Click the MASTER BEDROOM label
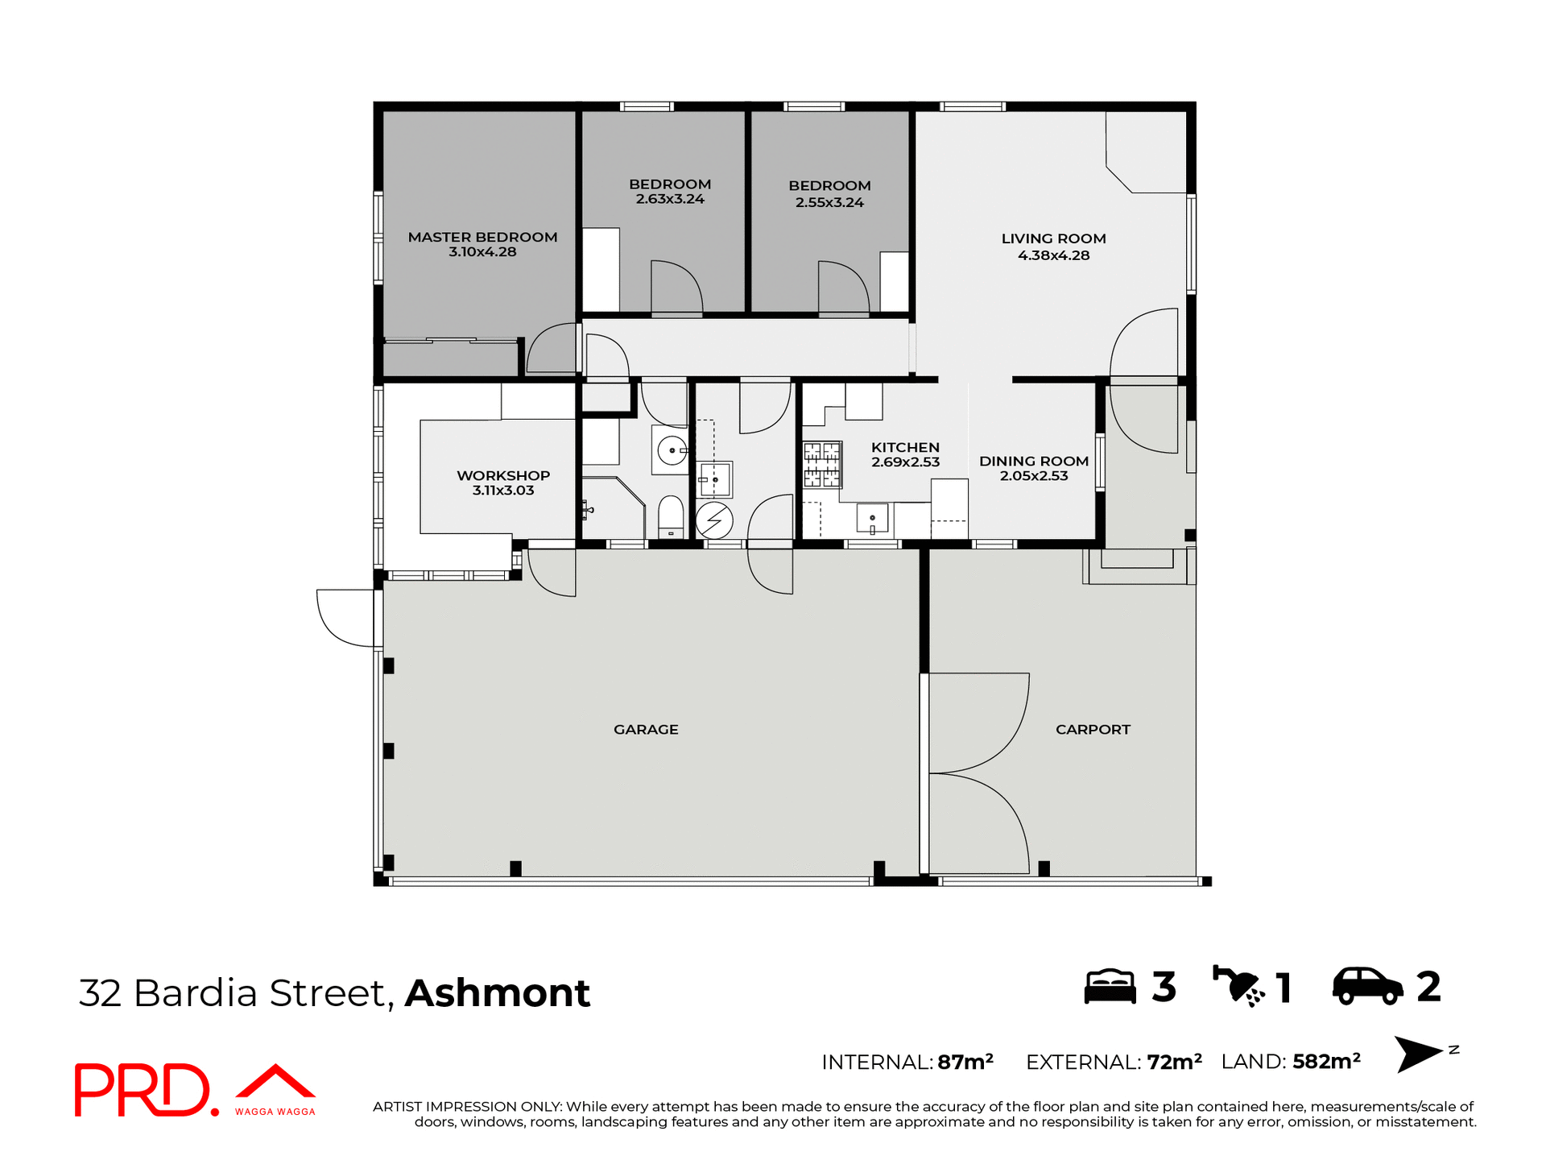pos(482,237)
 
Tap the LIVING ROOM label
pos(1053,238)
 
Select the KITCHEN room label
pos(905,447)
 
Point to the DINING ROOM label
pos(1033,461)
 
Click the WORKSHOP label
pos(503,475)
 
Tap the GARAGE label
pos(646,729)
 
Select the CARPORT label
pos(1093,729)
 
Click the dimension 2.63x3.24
pos(670,199)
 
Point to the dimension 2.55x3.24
pos(829,202)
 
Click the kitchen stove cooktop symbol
pos(822,465)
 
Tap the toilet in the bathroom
pos(671,516)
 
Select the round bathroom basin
pos(672,451)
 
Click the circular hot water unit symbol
pos(714,520)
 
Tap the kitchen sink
pos(872,518)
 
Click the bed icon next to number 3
pos(1110,987)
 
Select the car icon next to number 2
pos(1367,987)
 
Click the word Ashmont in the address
pos(497,992)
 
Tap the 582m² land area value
pos(1326,1061)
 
